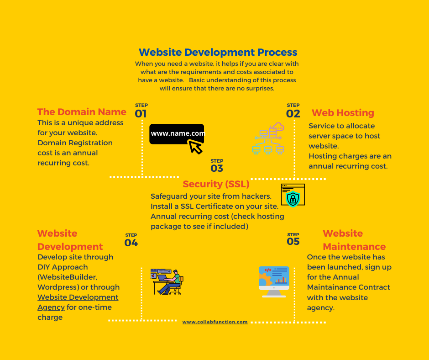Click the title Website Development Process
pyautogui.click(x=218, y=53)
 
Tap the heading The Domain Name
pyautogui.click(x=82, y=112)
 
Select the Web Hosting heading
pyautogui.click(x=343, y=112)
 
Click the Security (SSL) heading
pyautogui.click(x=216, y=184)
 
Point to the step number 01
pyautogui.click(x=141, y=114)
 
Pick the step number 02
pyautogui.click(x=293, y=114)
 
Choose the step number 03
pyautogui.click(x=217, y=168)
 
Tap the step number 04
pyautogui.click(x=131, y=243)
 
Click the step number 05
pyautogui.click(x=293, y=241)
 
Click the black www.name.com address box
pyautogui.click(x=177, y=134)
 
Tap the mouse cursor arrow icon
pyautogui.click(x=195, y=147)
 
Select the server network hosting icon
pyautogui.click(x=268, y=138)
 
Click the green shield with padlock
pyautogui.click(x=293, y=199)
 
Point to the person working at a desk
pyautogui.click(x=167, y=281)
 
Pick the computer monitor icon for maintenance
pyautogui.click(x=274, y=281)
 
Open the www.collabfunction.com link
pyautogui.click(x=215, y=322)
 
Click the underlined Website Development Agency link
pyautogui.click(x=78, y=302)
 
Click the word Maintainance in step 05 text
pyautogui.click(x=331, y=287)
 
